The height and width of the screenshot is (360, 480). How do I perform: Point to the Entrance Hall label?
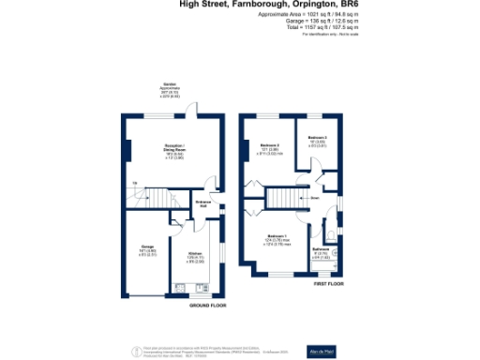click(202, 204)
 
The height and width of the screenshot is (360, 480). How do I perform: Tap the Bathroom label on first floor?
click(321, 250)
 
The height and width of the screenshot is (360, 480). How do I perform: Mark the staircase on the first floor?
click(282, 198)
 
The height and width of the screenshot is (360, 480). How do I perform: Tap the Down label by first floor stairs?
click(316, 198)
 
